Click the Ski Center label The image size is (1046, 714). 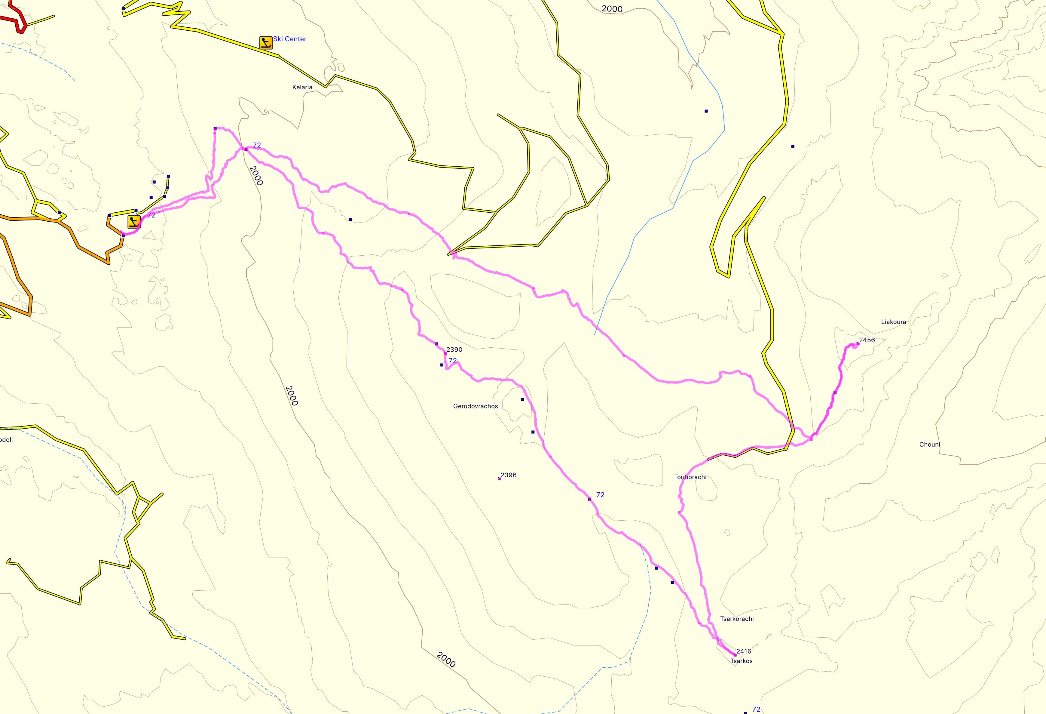(290, 39)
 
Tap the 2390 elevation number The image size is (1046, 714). (454, 349)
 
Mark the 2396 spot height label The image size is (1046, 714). (509, 475)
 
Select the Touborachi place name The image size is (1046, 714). (690, 477)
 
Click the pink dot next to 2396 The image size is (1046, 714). (500, 479)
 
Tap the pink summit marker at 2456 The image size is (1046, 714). (858, 344)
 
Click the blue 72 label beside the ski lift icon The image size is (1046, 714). (151, 215)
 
